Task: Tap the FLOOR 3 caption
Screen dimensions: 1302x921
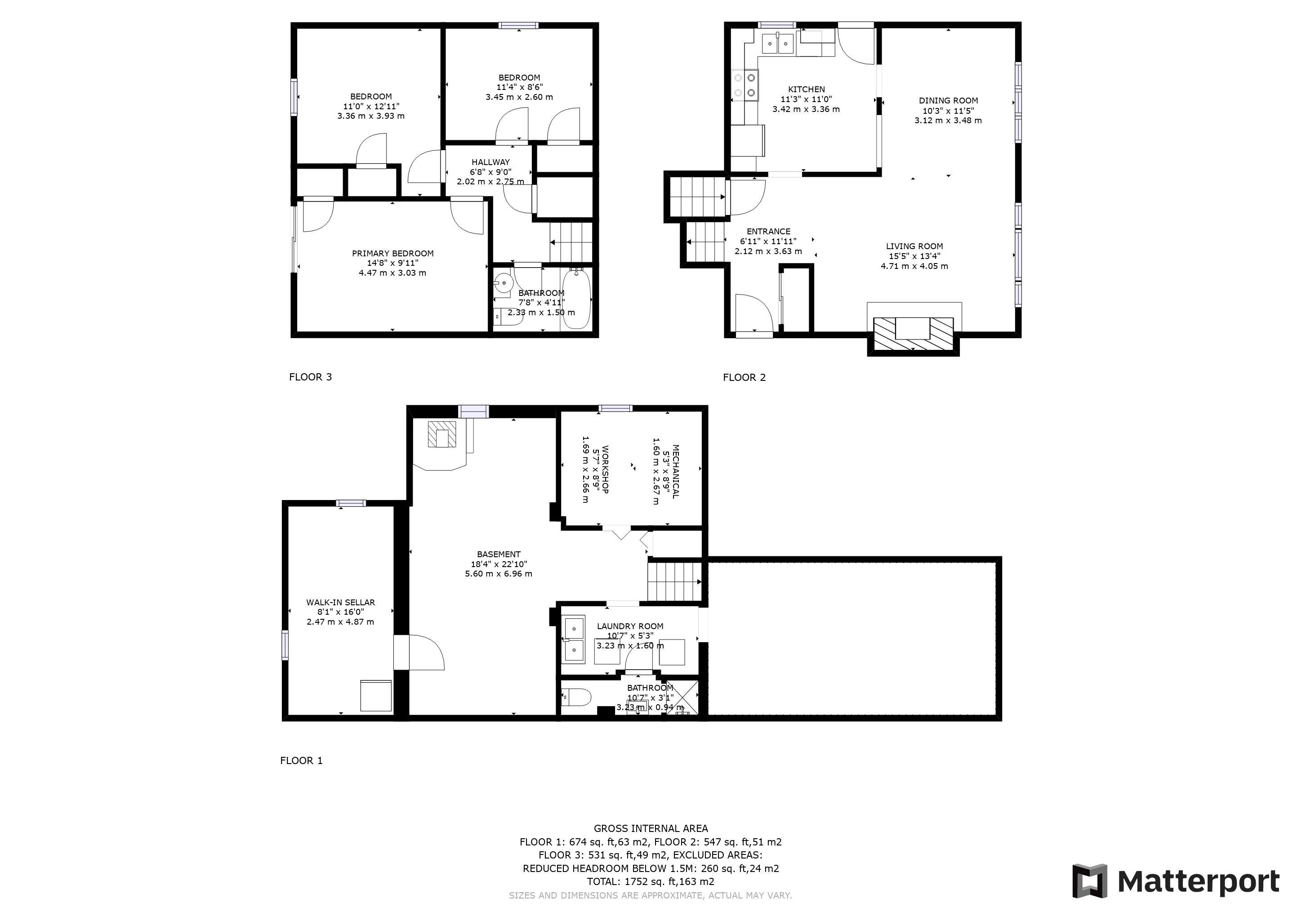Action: (x=310, y=377)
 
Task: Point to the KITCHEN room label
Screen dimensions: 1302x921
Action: (x=807, y=89)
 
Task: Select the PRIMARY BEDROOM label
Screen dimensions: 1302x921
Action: (x=392, y=254)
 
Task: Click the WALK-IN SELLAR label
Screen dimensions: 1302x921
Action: (x=340, y=602)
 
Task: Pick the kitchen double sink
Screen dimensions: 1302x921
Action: (x=777, y=43)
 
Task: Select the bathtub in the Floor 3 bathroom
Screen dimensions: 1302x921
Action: (x=576, y=299)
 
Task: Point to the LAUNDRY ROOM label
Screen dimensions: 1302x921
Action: (x=630, y=626)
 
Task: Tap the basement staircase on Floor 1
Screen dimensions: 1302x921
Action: (x=675, y=581)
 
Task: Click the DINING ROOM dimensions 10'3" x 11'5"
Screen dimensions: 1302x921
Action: (x=948, y=111)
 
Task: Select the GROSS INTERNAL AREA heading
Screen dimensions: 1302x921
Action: (x=651, y=828)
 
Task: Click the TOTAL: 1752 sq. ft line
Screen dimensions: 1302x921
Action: (x=651, y=882)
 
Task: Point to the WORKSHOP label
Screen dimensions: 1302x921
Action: (x=605, y=469)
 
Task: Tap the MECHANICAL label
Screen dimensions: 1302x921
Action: (x=675, y=471)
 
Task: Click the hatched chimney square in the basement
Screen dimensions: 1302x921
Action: (x=442, y=434)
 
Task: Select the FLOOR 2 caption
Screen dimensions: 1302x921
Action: (x=744, y=378)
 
